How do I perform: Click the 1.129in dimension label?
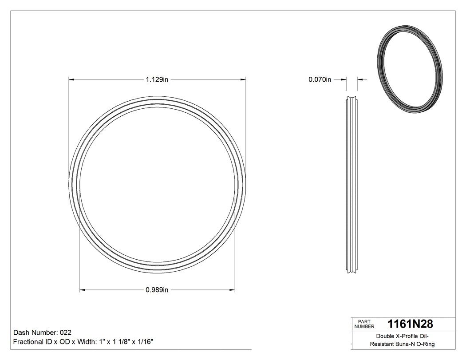click(x=157, y=80)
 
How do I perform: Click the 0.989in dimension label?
click(x=157, y=290)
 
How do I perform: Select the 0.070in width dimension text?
click(x=320, y=80)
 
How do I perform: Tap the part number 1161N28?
click(x=410, y=324)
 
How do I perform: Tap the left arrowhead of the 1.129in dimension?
click(x=71, y=80)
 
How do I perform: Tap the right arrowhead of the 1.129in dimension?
click(x=243, y=80)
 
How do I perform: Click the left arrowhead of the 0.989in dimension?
click(x=82, y=290)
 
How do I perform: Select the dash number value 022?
click(x=65, y=332)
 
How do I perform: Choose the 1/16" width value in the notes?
click(x=146, y=342)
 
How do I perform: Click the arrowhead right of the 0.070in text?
click(x=360, y=80)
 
